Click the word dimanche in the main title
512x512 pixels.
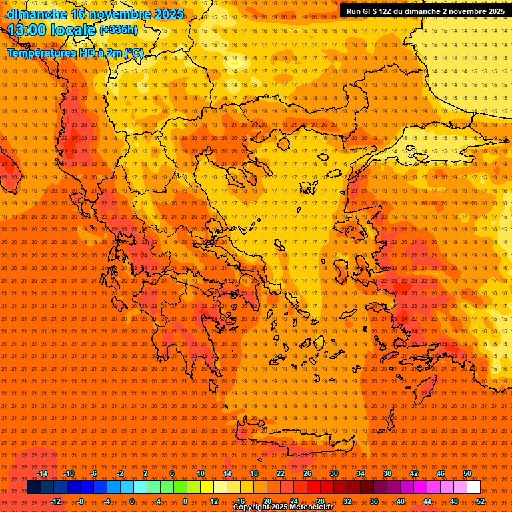pyautogui.click(x=37, y=14)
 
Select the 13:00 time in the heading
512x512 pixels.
pyautogui.click(x=32, y=30)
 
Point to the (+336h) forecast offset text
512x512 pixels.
pyautogui.click(x=118, y=30)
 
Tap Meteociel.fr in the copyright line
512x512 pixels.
pyautogui.click(x=307, y=507)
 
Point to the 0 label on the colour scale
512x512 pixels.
pyautogui.click(x=131, y=501)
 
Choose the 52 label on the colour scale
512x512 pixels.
pyautogui.click(x=481, y=501)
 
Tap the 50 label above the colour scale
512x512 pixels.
pyautogui.click(x=467, y=473)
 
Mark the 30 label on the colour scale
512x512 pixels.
pyautogui.click(x=333, y=473)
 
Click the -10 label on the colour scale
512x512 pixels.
pyautogui.click(x=68, y=473)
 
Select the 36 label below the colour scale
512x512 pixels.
pyautogui.click(x=373, y=501)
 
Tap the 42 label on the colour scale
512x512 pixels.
pyautogui.click(x=413, y=473)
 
